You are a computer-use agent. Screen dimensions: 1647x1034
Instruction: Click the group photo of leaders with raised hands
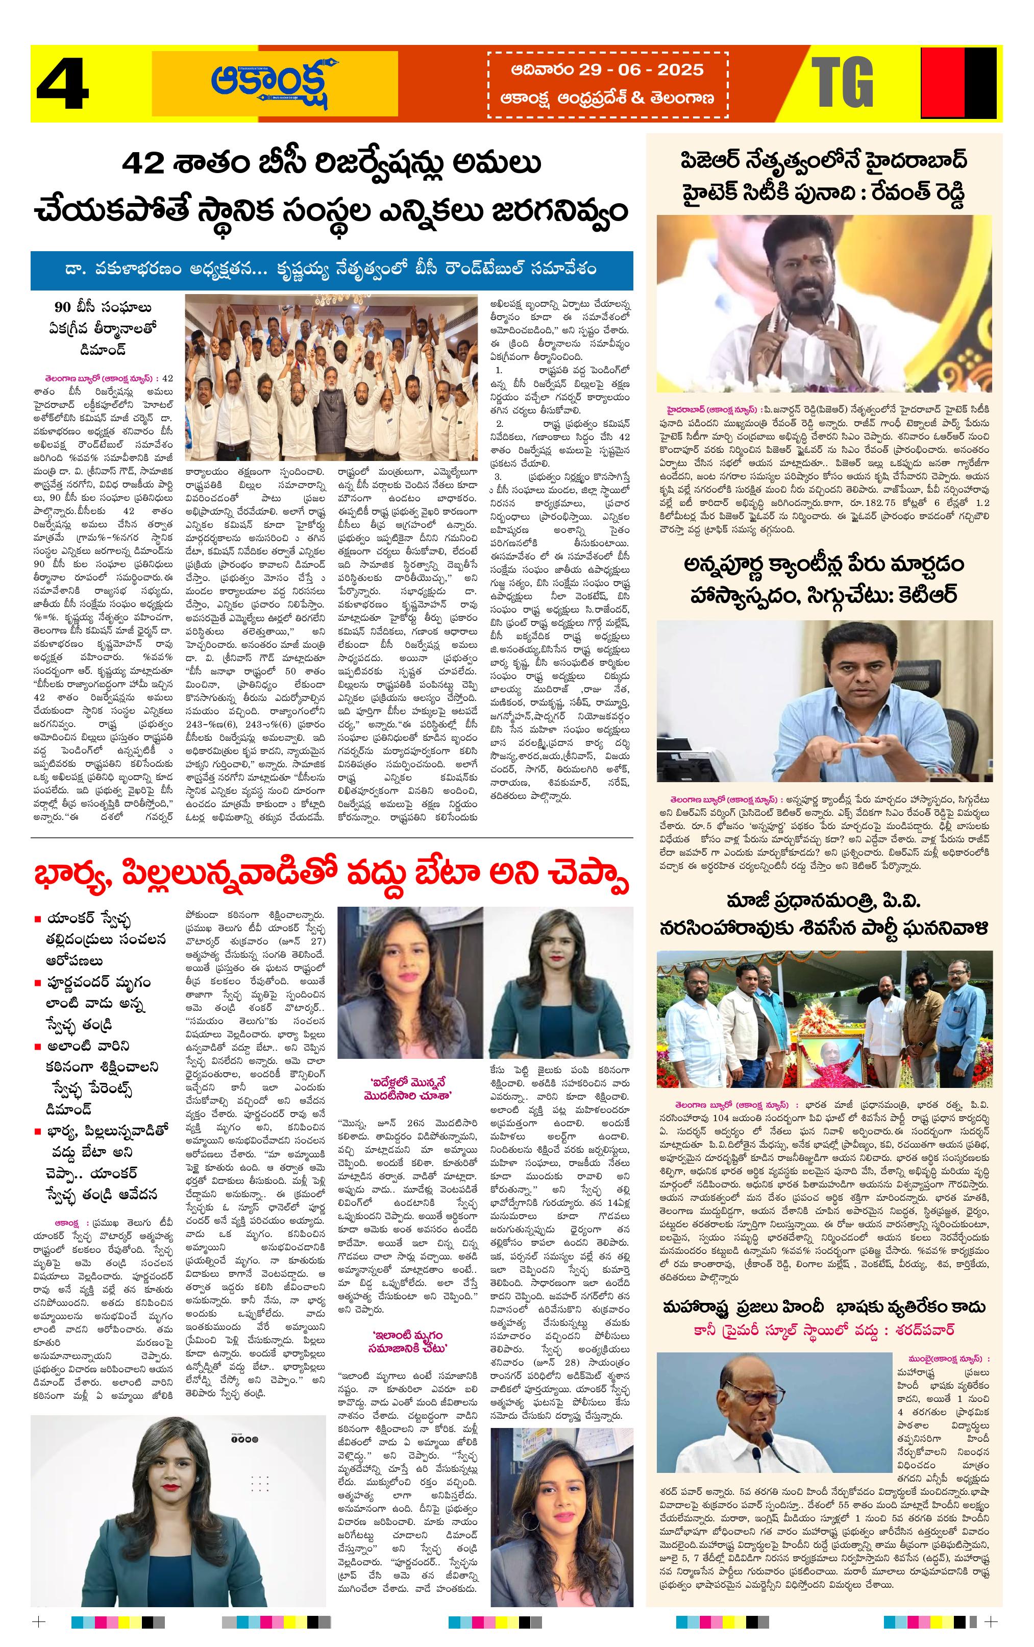(x=332, y=378)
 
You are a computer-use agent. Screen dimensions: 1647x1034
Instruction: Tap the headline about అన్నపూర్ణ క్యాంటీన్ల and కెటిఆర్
(x=824, y=580)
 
